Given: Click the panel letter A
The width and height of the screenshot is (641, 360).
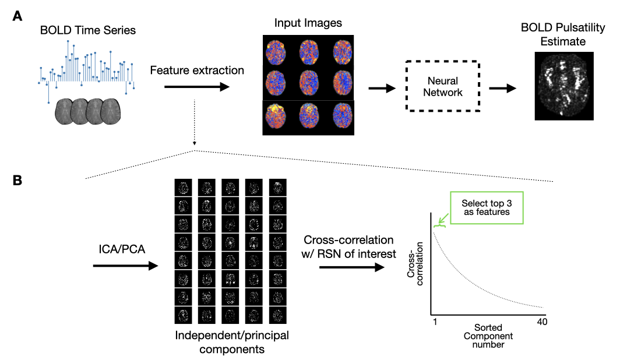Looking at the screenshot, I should [18, 17].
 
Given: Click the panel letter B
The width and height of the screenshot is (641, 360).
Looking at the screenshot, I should [18, 181].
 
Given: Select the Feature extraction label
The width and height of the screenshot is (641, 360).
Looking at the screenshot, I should [197, 70].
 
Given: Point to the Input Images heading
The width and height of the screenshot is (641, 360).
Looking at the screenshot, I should [308, 23].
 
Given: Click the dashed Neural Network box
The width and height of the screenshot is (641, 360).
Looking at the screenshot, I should [442, 87].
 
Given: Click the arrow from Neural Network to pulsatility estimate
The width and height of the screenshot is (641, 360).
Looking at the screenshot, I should [503, 88].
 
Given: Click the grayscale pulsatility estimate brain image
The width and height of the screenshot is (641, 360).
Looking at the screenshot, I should [563, 86].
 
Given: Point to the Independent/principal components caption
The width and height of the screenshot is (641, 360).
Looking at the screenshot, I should [232, 343].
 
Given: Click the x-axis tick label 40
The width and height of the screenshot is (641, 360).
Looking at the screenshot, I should [541, 322].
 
